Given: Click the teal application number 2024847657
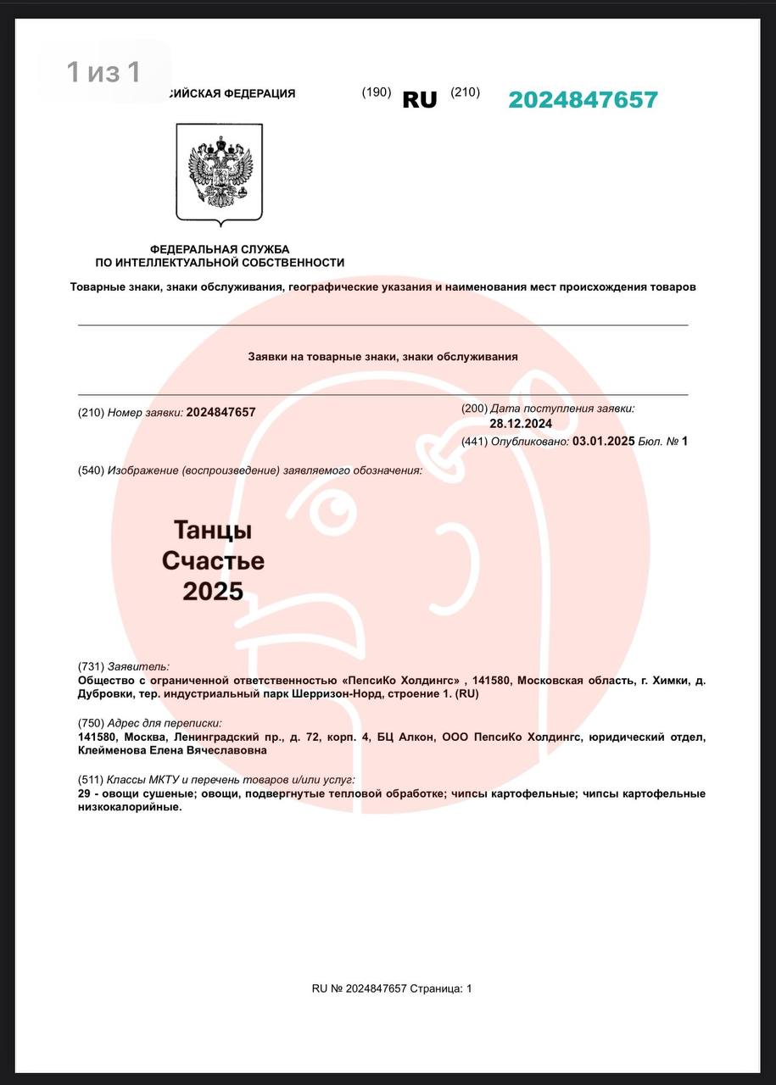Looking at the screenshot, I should (583, 100).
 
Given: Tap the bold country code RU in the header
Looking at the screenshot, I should (420, 100).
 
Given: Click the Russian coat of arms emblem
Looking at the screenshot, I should (220, 173).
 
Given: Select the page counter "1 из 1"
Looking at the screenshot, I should (103, 73).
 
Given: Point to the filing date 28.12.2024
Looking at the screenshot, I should (521, 424).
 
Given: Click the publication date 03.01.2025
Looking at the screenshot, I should (604, 441).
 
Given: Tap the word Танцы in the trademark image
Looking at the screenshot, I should (213, 531).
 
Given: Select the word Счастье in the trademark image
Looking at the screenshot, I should (213, 560).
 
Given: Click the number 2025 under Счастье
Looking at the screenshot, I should (213, 591).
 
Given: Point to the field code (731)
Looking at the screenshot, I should (91, 667).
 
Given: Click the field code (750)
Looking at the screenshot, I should (91, 723).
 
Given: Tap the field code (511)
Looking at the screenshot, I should (90, 779).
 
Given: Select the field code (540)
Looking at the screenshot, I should (91, 470).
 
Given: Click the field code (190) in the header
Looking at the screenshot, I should (377, 92).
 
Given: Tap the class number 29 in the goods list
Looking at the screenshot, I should (84, 793).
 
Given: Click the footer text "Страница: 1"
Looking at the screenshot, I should (441, 988).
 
